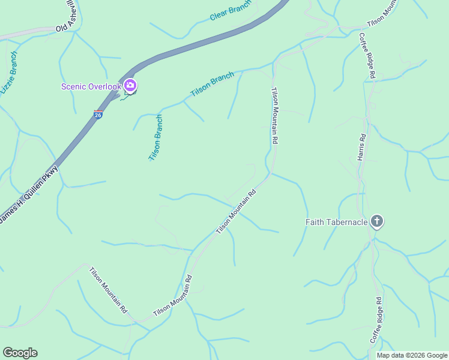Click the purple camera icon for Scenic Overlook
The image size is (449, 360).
(x=130, y=86)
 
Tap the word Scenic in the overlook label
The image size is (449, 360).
(x=74, y=86)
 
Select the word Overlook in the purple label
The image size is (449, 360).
(x=104, y=86)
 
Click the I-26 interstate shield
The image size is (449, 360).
(x=98, y=113)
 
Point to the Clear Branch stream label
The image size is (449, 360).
(x=229, y=11)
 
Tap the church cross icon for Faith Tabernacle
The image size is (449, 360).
(x=376, y=221)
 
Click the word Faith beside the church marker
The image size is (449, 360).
(x=316, y=222)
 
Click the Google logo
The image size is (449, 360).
(x=20, y=353)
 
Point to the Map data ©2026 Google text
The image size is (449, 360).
(x=412, y=355)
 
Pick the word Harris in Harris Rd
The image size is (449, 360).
(x=361, y=152)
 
